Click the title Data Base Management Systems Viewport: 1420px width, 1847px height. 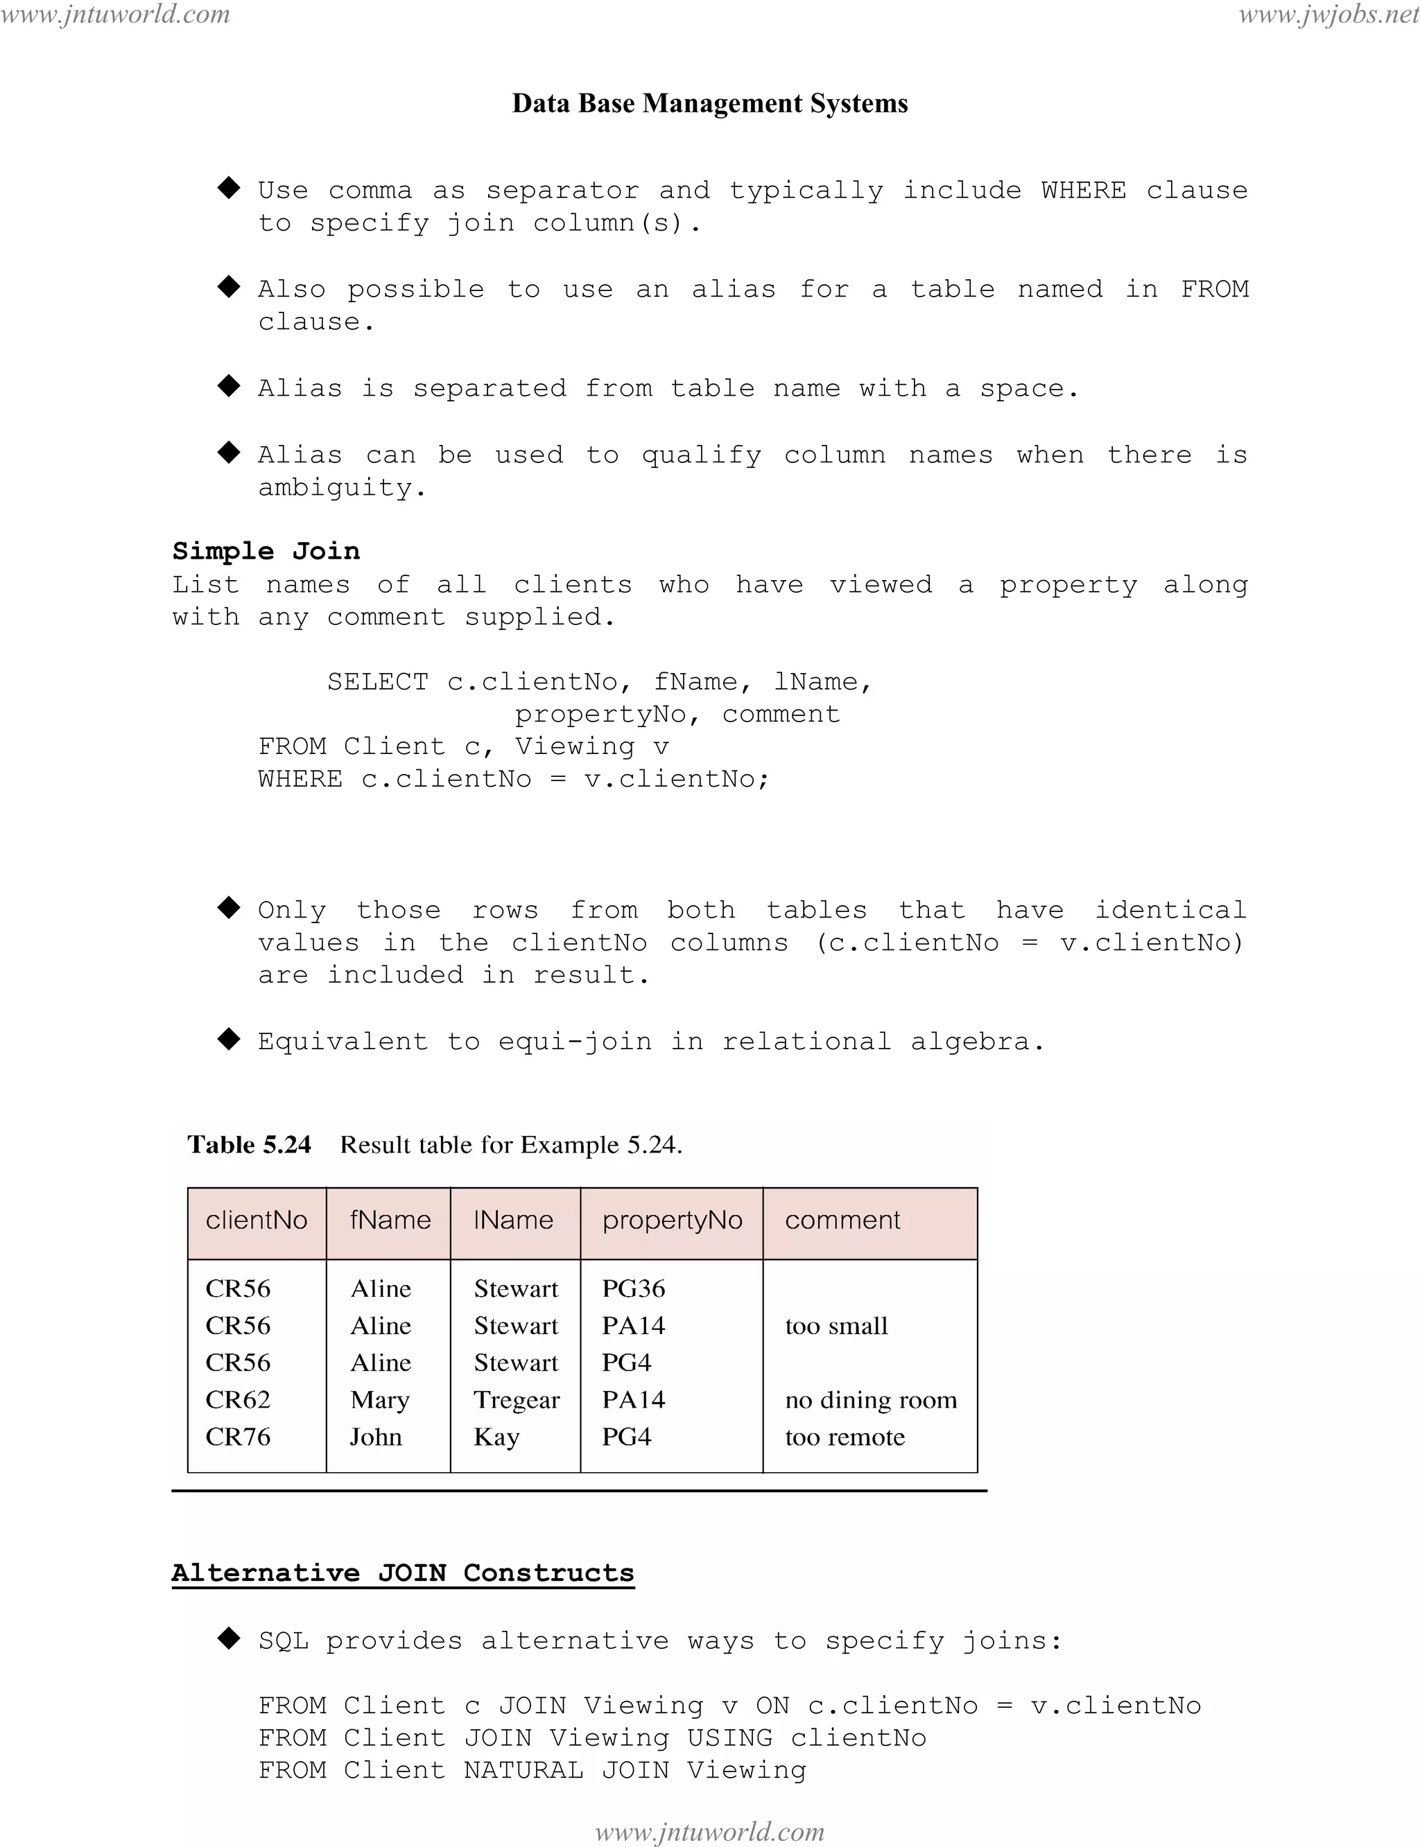tap(710, 103)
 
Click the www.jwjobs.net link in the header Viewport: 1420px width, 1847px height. tap(1328, 15)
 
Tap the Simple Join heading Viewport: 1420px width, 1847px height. tap(266, 551)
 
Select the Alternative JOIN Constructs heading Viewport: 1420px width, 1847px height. tap(402, 1573)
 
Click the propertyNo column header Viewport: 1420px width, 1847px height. tap(672, 1220)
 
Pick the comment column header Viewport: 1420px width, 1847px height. tap(842, 1220)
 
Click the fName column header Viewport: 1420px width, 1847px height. tap(390, 1220)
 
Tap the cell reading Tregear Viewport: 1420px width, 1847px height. tap(517, 1400)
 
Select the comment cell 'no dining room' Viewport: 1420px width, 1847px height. tap(871, 1400)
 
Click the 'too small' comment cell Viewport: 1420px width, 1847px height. tap(836, 1326)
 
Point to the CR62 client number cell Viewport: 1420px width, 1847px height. tap(238, 1400)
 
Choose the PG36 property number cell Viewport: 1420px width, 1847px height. tap(633, 1288)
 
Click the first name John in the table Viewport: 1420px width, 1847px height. tap(376, 1437)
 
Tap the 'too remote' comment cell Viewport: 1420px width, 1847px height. tap(845, 1437)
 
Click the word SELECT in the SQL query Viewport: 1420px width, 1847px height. tap(378, 682)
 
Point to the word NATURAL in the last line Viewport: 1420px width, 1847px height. tap(523, 1770)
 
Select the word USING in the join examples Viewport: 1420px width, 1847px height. tap(729, 1738)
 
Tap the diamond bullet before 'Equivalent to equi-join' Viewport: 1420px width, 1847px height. tap(229, 1040)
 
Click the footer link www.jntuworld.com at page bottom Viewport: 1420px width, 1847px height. tap(710, 1832)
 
